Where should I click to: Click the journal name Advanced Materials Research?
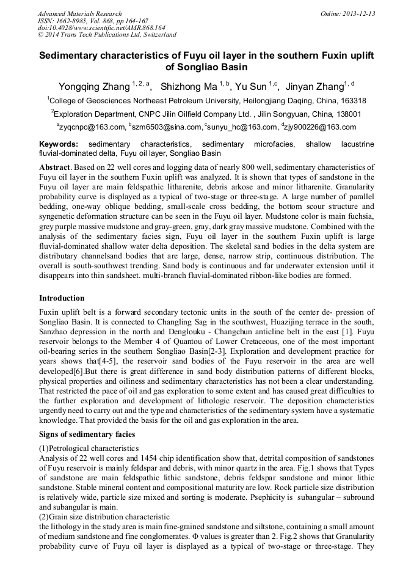tap(79, 13)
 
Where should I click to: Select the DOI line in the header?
tap(101, 28)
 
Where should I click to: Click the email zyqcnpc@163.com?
tap(91, 127)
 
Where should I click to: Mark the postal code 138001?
tap(346, 114)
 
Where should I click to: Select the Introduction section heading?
tap(62, 298)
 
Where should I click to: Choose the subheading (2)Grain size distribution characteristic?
tap(104, 507)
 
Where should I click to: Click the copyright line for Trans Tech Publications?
tap(107, 35)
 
